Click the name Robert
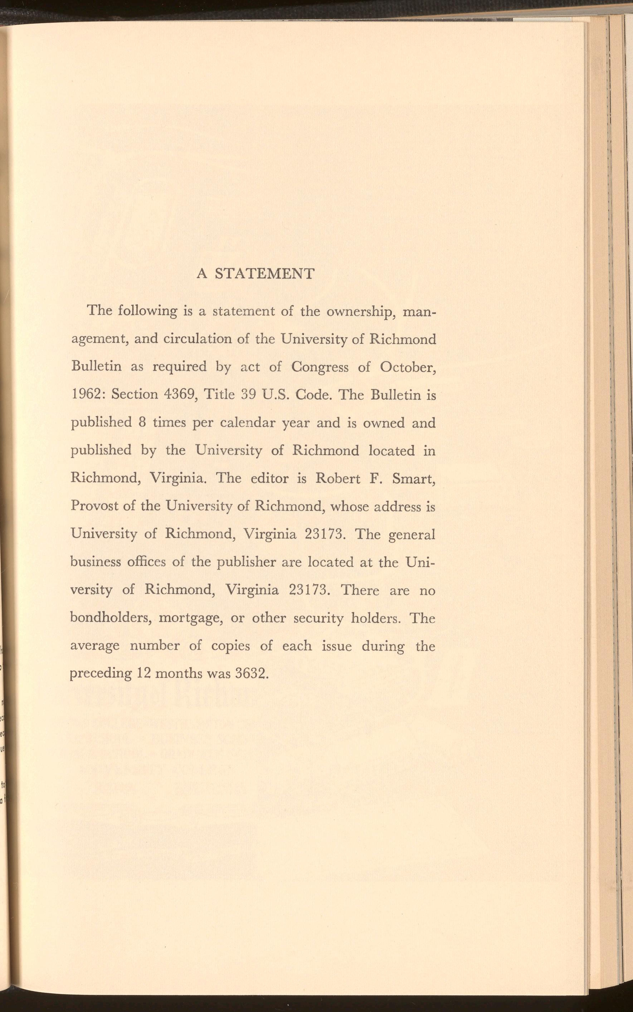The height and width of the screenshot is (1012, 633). point(337,478)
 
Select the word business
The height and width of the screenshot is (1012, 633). point(96,562)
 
